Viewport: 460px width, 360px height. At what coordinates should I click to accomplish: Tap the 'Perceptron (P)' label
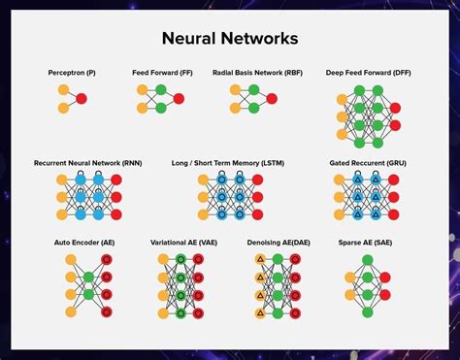point(73,73)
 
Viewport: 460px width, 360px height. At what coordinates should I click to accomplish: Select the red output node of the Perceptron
point(82,99)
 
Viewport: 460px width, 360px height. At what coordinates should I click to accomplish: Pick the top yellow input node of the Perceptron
point(63,89)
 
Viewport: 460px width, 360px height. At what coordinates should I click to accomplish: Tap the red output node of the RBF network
point(272,99)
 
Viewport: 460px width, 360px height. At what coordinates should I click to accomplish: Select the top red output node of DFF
point(393,108)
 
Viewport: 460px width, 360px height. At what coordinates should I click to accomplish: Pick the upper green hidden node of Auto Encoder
point(89,277)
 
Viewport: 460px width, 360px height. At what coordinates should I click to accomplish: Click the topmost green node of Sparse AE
point(368,260)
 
